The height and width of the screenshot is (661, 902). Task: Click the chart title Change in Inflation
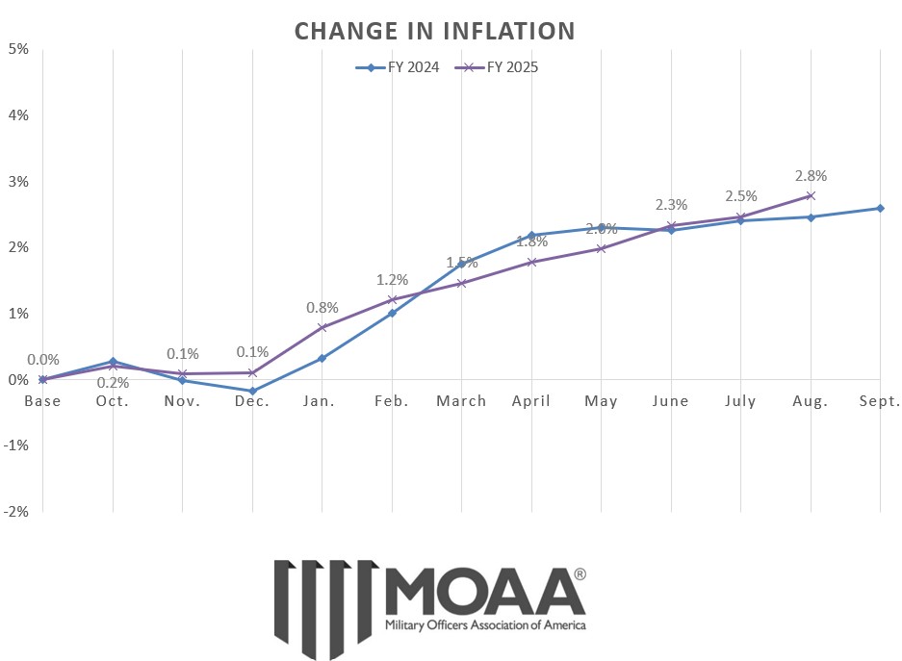434,31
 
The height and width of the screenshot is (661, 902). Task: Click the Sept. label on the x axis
879,401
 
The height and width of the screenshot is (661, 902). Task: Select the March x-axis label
461,401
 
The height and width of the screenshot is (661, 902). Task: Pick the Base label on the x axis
42,401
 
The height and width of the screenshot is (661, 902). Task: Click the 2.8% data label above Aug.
811,176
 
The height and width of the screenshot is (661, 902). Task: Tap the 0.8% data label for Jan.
322,308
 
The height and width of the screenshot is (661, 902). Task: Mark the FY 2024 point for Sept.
880,208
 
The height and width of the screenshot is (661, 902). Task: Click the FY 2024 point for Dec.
252,392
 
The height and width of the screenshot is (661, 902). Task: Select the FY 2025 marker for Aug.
811,195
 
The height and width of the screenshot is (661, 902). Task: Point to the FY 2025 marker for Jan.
322,327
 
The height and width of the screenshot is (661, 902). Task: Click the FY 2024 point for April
531,236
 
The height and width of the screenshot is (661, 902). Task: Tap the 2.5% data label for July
740,197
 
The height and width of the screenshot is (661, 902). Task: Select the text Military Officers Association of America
484,624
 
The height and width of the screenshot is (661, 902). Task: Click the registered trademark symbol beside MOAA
579,574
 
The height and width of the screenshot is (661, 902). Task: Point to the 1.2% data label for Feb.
392,280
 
